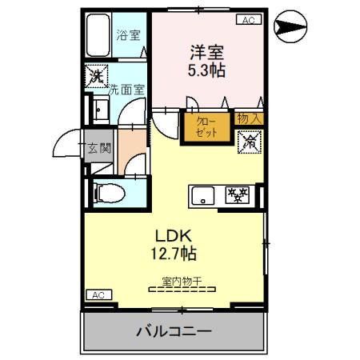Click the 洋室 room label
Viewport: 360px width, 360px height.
click(x=207, y=52)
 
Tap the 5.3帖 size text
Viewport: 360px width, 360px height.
click(x=207, y=70)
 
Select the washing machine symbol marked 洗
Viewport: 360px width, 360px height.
click(x=97, y=78)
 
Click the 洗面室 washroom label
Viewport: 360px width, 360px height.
click(x=126, y=90)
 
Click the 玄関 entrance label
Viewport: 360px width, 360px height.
click(x=100, y=147)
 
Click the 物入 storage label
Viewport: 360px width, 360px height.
click(x=249, y=118)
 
